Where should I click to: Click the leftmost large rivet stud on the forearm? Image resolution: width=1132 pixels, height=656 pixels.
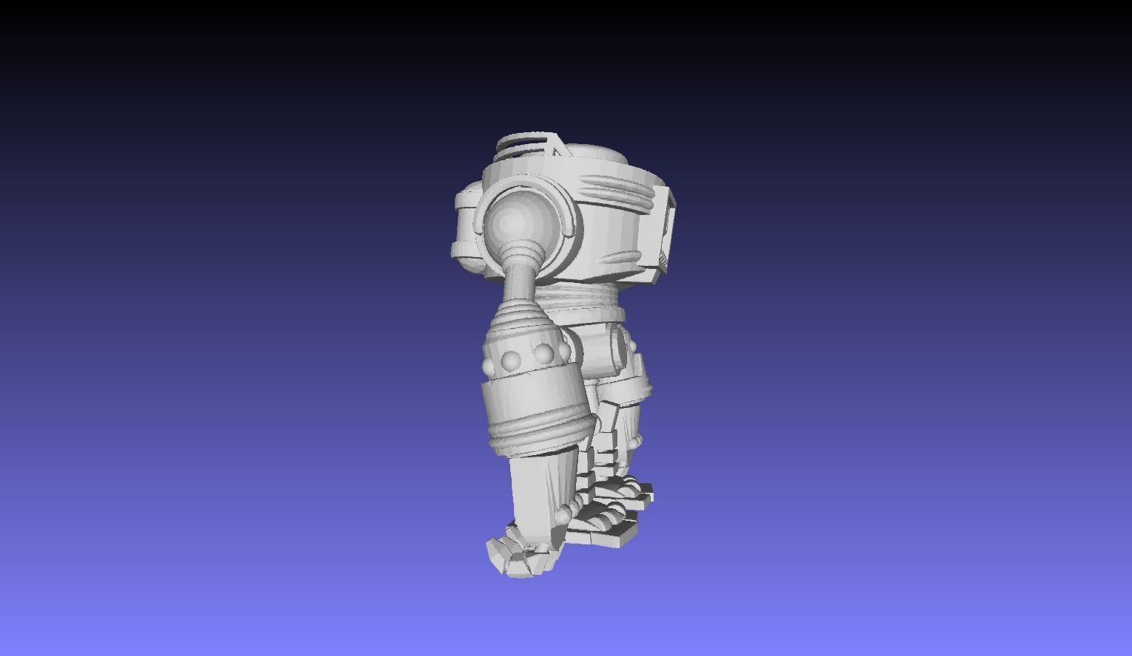(x=510, y=360)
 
